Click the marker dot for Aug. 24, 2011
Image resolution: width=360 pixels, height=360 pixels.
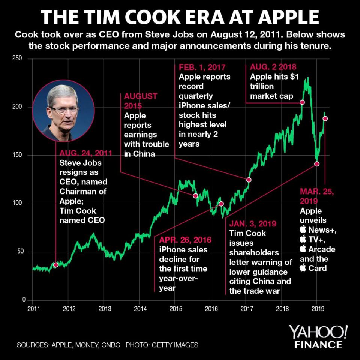pyautogui.click(x=56, y=265)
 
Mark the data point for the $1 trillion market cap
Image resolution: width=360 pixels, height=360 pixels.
pyautogui.click(x=302, y=102)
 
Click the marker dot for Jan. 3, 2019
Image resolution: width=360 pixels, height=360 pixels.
pyautogui.click(x=316, y=164)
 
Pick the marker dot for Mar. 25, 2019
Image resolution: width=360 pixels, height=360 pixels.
pyautogui.click(x=325, y=118)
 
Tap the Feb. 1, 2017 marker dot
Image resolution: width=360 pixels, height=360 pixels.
pyautogui.click(x=248, y=180)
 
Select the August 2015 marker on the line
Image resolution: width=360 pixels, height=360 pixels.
pyautogui.click(x=195, y=196)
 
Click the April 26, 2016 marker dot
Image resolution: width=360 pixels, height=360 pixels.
pyautogui.click(x=221, y=204)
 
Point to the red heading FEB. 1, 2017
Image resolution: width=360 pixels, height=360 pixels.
pyautogui.click(x=202, y=67)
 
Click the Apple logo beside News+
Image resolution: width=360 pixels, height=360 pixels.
pyautogui.click(x=303, y=230)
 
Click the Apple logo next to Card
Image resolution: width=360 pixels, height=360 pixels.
pyautogui.click(x=303, y=268)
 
